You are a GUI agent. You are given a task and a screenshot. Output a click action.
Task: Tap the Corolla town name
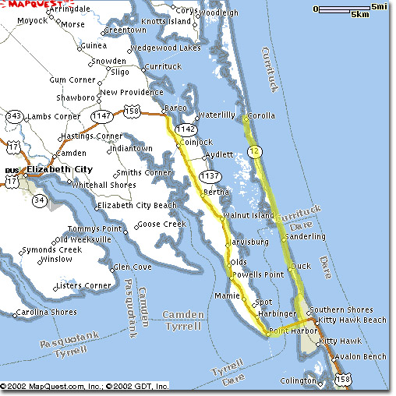pyautogui.click(x=263, y=118)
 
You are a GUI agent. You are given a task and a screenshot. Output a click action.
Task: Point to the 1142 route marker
pyautogui.click(x=186, y=129)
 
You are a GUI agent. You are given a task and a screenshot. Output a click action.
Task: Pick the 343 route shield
pyautogui.click(x=13, y=117)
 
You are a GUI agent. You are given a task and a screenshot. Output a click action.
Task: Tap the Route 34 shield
pyautogui.click(x=40, y=203)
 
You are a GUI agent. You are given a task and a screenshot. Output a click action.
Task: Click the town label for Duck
pyautogui.click(x=301, y=267)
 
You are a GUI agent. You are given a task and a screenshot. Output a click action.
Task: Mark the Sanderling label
pyautogui.click(x=306, y=236)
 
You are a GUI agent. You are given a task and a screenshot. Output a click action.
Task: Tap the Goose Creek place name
pyautogui.click(x=164, y=225)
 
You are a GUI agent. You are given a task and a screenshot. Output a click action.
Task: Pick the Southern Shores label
pyautogui.click(x=345, y=309)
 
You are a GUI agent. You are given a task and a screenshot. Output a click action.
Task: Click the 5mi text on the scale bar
pyautogui.click(x=378, y=7)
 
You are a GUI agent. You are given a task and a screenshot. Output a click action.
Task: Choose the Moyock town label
pyautogui.click(x=32, y=20)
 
